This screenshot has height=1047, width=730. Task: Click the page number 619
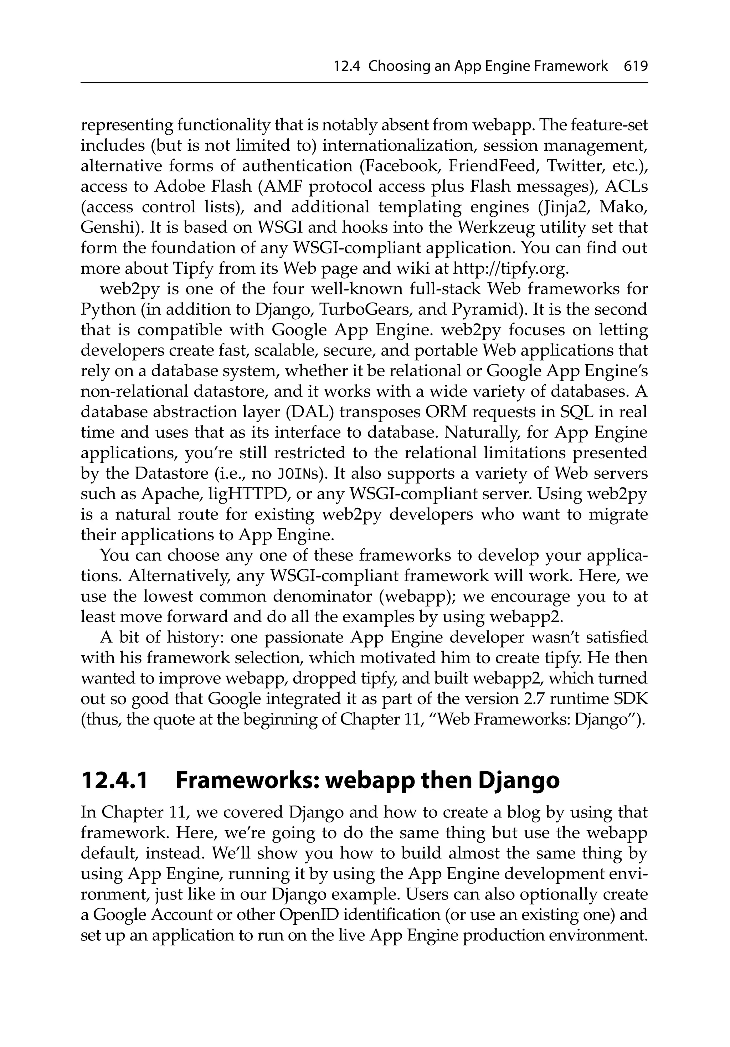click(x=636, y=67)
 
